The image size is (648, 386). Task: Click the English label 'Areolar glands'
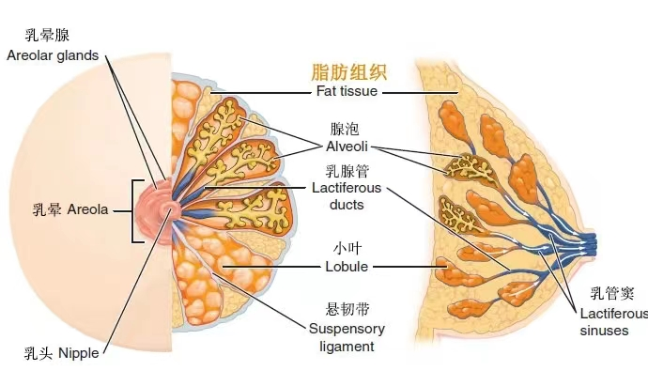(53, 55)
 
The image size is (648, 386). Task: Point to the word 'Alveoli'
(346, 147)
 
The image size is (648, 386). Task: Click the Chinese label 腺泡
(346, 129)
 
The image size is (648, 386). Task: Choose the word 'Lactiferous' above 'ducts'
(347, 189)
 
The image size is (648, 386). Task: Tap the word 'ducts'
(347, 205)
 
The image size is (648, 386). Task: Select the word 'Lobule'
(347, 266)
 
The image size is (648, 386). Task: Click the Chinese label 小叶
(347, 248)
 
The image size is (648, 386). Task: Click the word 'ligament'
(347, 346)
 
